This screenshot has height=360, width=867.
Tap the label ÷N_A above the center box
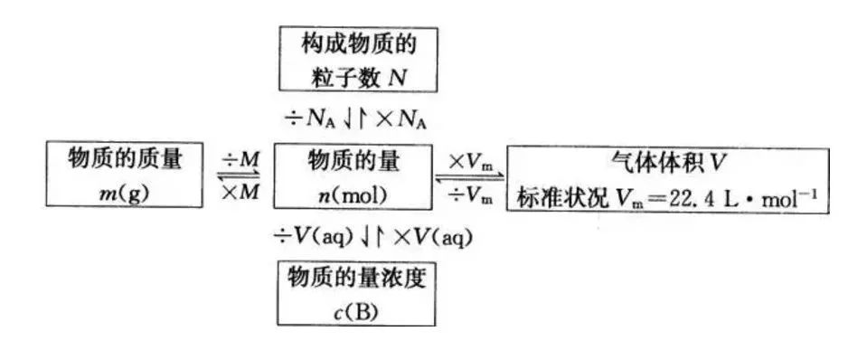pos(312,118)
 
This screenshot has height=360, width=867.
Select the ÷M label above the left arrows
pos(240,159)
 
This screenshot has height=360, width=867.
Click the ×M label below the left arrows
pos(240,193)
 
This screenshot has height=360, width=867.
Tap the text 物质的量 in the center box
pos(354,160)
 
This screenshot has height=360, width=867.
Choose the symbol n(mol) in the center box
pos(354,193)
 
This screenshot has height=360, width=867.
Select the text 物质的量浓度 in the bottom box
pos(354,278)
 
